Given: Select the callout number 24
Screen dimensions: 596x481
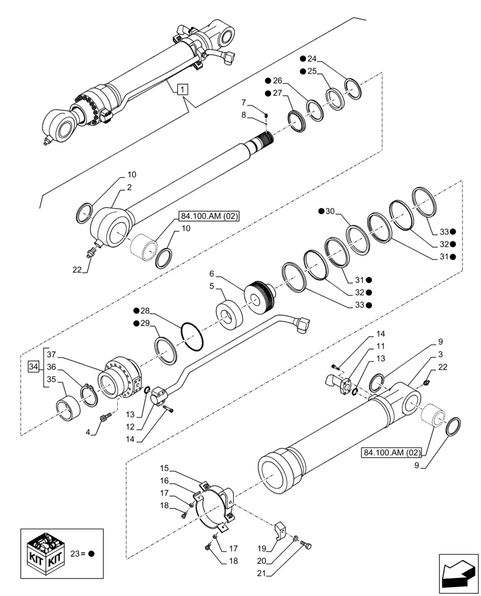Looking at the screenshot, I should [x=312, y=58].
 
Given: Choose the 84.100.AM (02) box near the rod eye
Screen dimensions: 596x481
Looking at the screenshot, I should [x=207, y=216].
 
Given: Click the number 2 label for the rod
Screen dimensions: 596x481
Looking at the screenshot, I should [x=129, y=188].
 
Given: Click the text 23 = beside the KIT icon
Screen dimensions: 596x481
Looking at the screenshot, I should [x=77, y=554].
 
